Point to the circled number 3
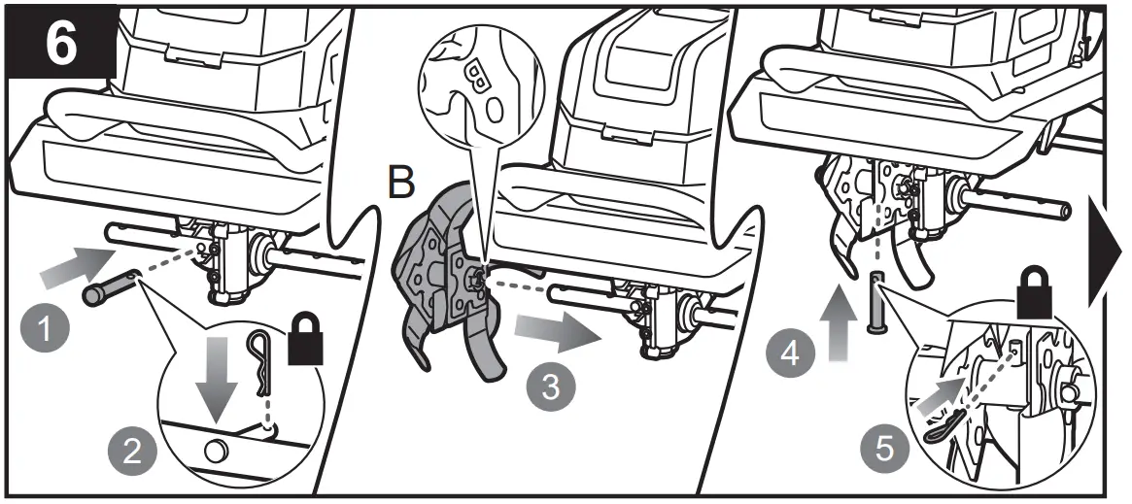tap(552, 386)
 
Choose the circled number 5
tap(882, 450)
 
